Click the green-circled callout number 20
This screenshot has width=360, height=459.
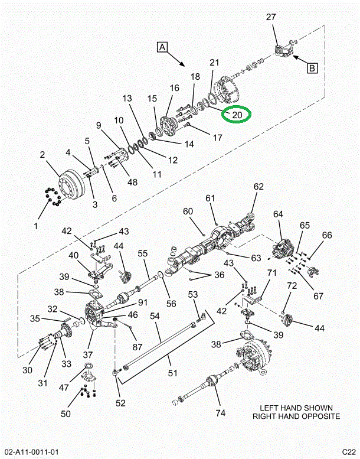pos(237,115)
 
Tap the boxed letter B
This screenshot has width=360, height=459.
pos(312,67)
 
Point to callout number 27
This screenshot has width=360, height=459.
pos(271,18)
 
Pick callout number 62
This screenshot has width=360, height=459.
pos(258,187)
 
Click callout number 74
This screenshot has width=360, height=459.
pos(220,413)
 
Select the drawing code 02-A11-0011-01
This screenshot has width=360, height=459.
pos(31,452)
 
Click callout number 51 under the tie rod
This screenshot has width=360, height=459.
pos(172,373)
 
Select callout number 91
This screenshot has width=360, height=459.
pos(143,303)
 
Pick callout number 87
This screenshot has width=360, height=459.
pos(137,347)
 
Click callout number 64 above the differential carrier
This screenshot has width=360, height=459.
pos(278,214)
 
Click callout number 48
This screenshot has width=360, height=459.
pos(132,182)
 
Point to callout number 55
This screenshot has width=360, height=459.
pos(143,253)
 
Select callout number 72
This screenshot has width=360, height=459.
pos(291,287)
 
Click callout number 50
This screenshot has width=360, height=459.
pos(66,414)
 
